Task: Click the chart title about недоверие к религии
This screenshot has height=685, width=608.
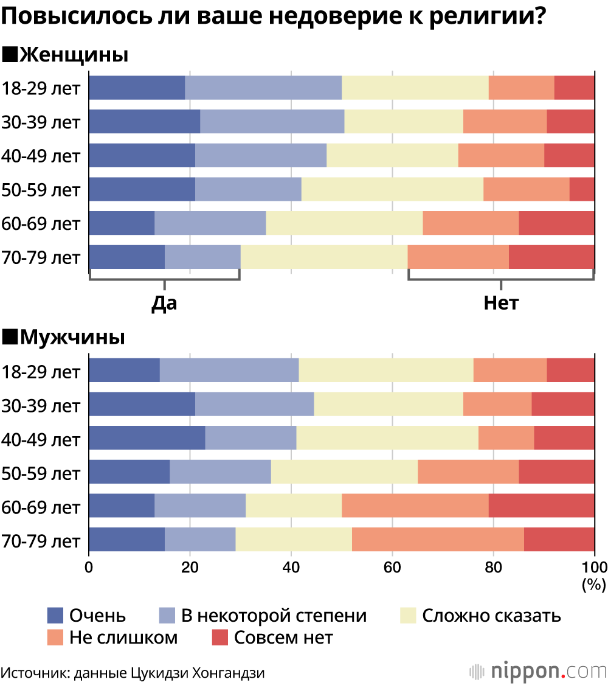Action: click(272, 17)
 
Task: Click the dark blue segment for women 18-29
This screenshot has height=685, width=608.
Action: click(137, 88)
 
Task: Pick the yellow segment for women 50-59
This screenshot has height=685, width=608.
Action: click(392, 189)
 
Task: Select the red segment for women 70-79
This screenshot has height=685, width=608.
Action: click(551, 257)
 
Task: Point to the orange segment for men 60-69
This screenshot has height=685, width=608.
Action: click(415, 506)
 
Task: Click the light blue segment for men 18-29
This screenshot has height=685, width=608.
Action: click(229, 370)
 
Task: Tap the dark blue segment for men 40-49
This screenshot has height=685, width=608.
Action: click(147, 437)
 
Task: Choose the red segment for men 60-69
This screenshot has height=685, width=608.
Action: click(541, 506)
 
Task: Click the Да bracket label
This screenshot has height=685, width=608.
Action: click(164, 302)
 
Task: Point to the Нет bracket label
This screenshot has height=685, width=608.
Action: click(501, 302)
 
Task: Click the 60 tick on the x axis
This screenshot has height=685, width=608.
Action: click(392, 568)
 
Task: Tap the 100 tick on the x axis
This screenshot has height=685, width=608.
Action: click(594, 568)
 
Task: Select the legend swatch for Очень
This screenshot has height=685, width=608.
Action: click(56, 616)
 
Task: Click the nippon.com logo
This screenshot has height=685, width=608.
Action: click(538, 671)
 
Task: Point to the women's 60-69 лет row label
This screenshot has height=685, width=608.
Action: click(41, 223)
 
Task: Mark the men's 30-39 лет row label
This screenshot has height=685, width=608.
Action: click(41, 404)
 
